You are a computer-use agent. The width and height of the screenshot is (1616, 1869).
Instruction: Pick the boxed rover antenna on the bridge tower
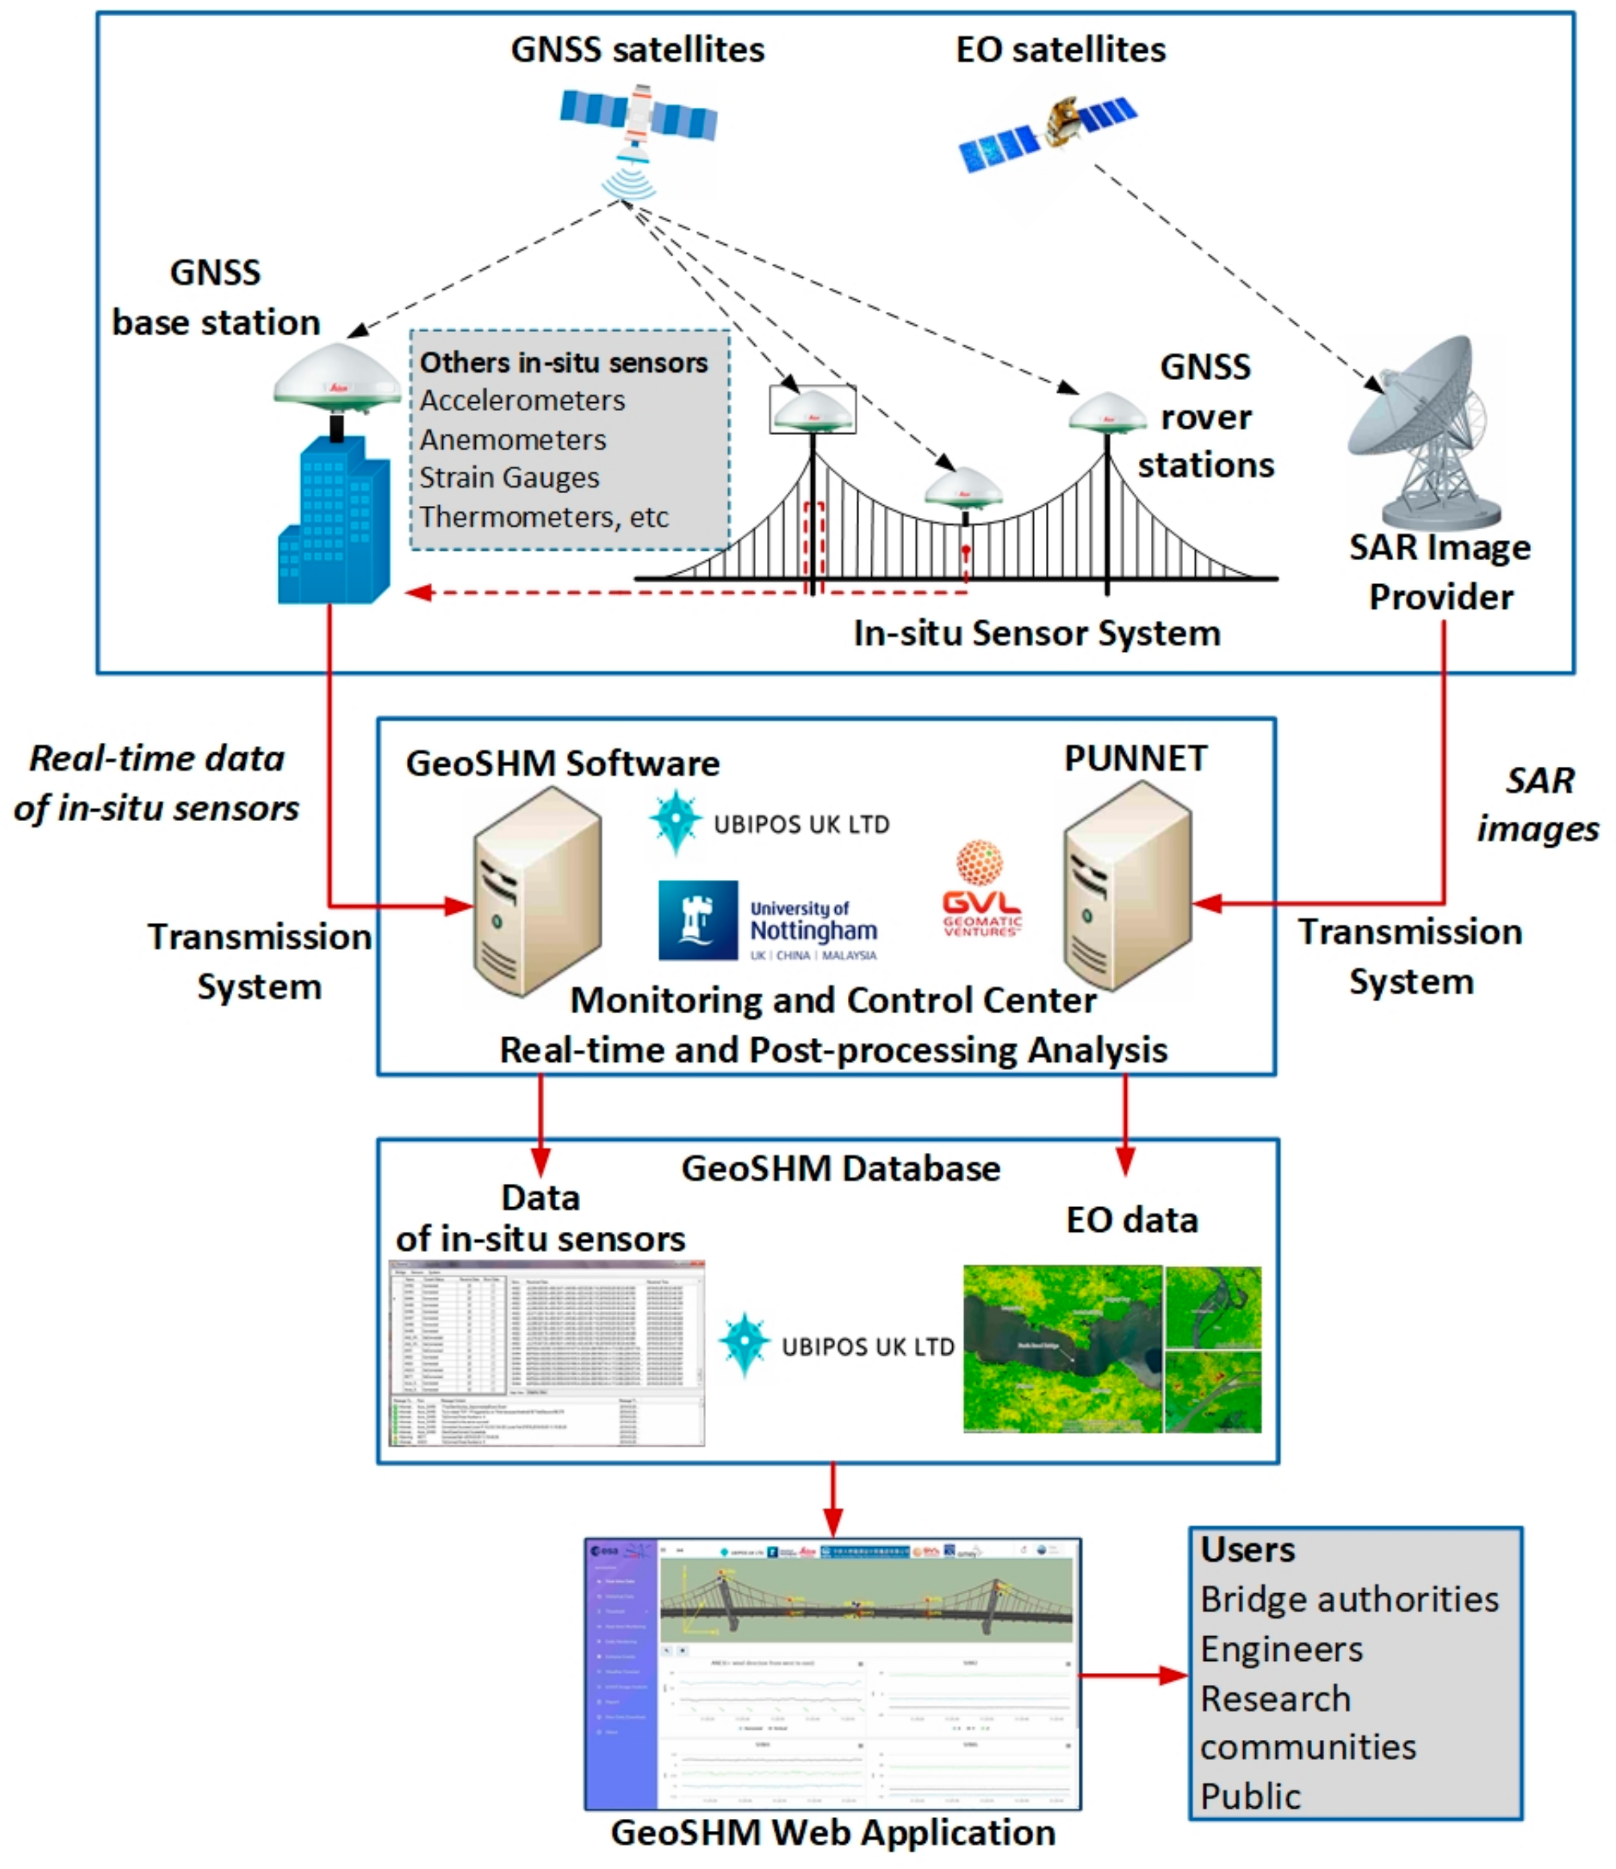[812, 410]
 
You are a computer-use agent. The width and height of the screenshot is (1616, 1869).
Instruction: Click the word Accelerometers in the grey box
[522, 400]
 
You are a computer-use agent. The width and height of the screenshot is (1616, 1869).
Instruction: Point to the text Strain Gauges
[509, 478]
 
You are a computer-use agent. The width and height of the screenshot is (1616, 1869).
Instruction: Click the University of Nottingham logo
[768, 920]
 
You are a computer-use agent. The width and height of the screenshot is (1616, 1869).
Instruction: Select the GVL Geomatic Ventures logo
[980, 889]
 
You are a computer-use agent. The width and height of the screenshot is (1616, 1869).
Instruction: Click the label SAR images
[1538, 804]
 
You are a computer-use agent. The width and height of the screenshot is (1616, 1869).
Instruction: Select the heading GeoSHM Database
[840, 1169]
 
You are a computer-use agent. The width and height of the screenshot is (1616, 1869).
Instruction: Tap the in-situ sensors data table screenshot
[547, 1352]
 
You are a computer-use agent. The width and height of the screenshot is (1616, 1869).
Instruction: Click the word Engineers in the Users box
[1281, 1650]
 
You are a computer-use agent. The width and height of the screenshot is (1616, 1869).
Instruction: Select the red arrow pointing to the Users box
[1134, 1676]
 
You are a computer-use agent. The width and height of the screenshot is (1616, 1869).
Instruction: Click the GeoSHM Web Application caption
[832, 1833]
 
